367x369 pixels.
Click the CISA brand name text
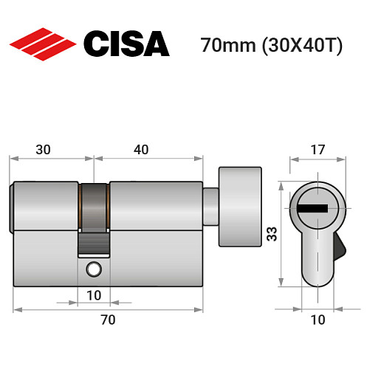coord(126,45)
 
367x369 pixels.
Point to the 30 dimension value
coord(44,149)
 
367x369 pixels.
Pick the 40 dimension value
coord(142,149)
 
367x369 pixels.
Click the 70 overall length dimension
coord(108,320)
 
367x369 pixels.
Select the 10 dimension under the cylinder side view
coord(94,295)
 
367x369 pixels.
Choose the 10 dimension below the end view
coord(317,320)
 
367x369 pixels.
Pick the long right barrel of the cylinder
coord(156,204)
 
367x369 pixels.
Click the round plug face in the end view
coord(317,206)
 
